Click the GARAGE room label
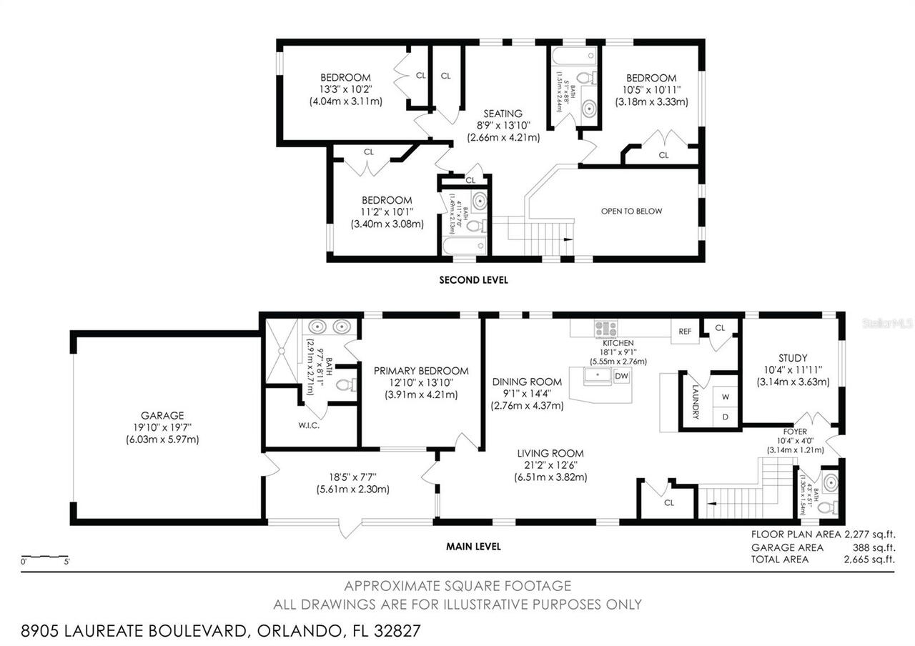[x=162, y=415]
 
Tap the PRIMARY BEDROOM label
[x=421, y=370]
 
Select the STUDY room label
[x=793, y=358]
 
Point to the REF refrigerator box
[x=685, y=332]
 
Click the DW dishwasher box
[x=621, y=376]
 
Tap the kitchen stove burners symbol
[x=605, y=329]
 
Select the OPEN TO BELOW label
[x=631, y=211]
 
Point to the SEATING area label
[x=503, y=113]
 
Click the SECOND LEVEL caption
[x=473, y=280]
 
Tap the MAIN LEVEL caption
[x=473, y=547]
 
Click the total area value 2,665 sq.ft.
[x=869, y=560]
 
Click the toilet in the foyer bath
[x=825, y=508]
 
